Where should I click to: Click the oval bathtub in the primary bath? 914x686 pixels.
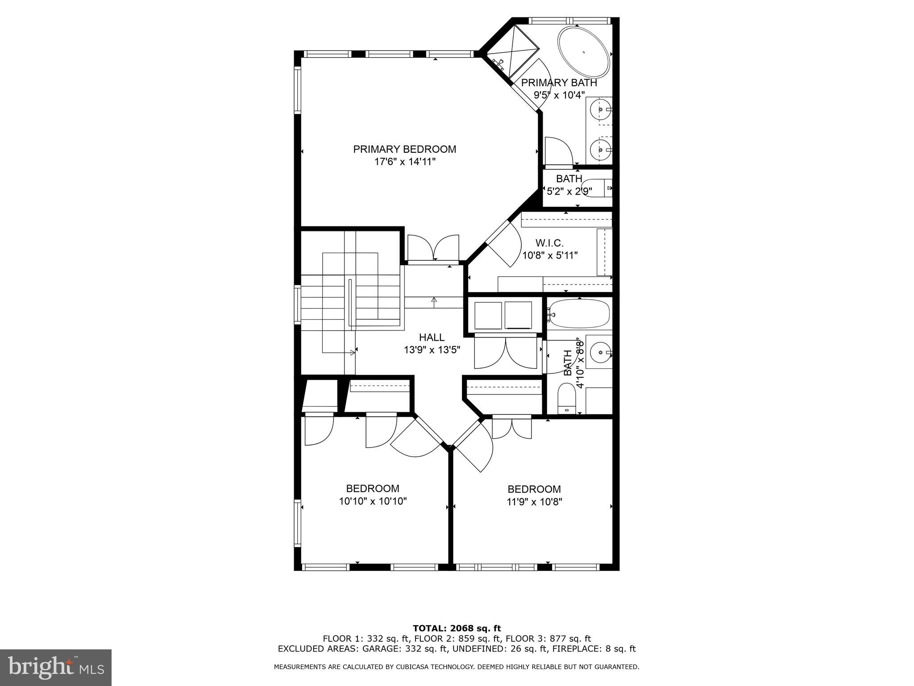pyautogui.click(x=583, y=53)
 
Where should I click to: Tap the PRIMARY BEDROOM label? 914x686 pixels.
pyautogui.click(x=404, y=149)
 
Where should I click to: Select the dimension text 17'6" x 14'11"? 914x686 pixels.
pyautogui.click(x=404, y=162)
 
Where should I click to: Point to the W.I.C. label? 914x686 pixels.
pyautogui.click(x=549, y=243)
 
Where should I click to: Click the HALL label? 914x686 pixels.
pyautogui.click(x=432, y=337)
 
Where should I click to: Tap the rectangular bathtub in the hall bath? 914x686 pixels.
pyautogui.click(x=579, y=314)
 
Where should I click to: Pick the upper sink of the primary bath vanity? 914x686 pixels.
pyautogui.click(x=600, y=109)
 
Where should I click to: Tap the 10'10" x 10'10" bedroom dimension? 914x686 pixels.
pyautogui.click(x=373, y=501)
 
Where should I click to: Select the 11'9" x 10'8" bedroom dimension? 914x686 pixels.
pyautogui.click(x=534, y=502)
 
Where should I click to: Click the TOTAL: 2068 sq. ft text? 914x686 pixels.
pyautogui.click(x=457, y=628)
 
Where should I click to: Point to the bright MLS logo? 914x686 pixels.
pyautogui.click(x=56, y=667)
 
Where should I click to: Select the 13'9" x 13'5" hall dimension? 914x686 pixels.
pyautogui.click(x=432, y=350)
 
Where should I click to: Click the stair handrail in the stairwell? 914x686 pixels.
pyautogui.click(x=350, y=304)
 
